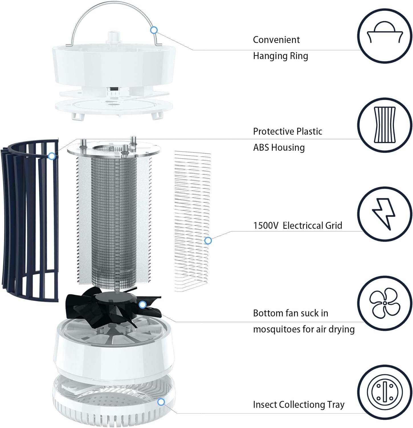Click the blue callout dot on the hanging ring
(154, 30)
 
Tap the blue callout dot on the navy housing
(52, 156)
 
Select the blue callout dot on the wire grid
(208, 241)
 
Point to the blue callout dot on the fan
(142, 305)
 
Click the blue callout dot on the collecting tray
(161, 402)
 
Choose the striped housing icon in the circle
(385, 125)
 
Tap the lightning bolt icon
(385, 214)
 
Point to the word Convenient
(276, 40)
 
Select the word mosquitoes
(277, 329)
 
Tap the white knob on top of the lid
(114, 38)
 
